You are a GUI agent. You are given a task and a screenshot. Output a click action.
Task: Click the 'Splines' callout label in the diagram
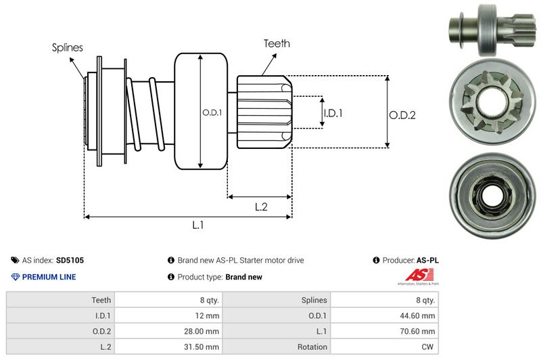67,47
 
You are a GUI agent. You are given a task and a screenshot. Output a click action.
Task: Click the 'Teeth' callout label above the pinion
277,43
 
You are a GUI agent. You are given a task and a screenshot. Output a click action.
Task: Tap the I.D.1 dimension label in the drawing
332,113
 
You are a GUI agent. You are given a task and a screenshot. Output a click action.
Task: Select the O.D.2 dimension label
402,115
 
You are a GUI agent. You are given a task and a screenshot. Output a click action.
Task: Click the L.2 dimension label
262,207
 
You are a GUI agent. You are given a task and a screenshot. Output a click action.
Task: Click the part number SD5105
70,260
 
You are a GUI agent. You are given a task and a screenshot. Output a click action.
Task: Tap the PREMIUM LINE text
49,277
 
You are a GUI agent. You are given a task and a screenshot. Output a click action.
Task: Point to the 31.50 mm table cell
204,346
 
